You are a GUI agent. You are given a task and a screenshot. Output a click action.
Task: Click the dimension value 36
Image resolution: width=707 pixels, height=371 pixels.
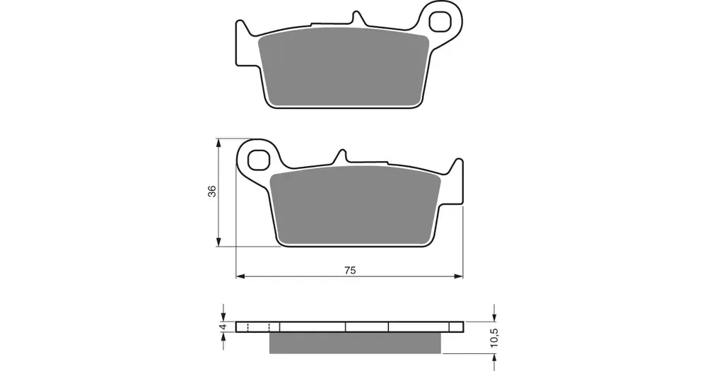click(212, 191)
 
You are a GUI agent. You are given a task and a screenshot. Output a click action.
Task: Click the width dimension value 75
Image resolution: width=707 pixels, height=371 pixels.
click(350, 271)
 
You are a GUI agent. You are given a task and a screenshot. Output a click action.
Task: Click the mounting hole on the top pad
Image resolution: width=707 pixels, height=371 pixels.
click(439, 21)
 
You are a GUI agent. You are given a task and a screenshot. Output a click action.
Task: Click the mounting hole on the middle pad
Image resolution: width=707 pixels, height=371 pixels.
click(259, 160)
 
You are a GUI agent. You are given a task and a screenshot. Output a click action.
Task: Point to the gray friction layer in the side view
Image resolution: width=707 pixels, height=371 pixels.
click(355, 343)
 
